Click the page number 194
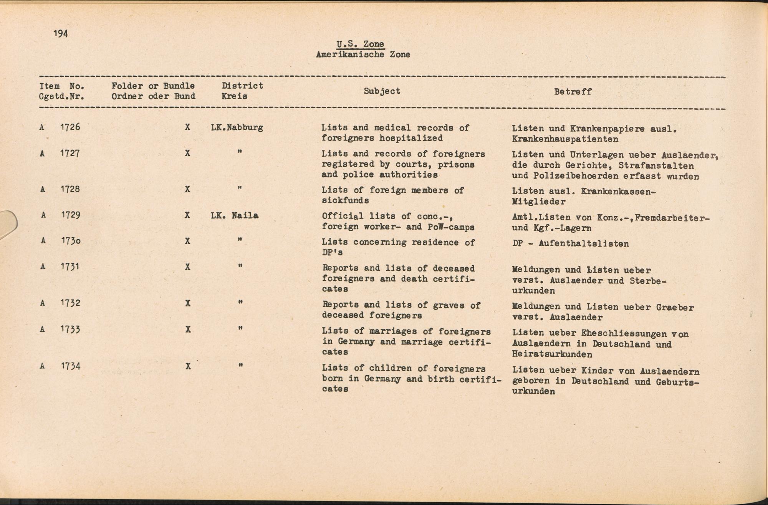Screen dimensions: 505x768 pos(61,34)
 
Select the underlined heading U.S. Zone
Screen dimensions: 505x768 pos(360,44)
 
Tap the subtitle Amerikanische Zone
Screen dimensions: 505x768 pos(363,55)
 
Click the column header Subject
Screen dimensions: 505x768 pos(382,91)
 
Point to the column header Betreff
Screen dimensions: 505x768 pos(573,92)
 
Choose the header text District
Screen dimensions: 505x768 pos(242,86)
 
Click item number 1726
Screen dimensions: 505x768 pos(70,127)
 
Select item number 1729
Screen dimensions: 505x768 pos(70,215)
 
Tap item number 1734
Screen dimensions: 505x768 pos(70,366)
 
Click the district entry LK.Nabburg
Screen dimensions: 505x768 pos(237,127)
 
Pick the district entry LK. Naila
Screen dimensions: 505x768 pos(235,215)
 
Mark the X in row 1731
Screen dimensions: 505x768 pos(187,267)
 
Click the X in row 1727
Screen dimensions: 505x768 pos(187,153)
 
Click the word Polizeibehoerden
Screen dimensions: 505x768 pos(576,176)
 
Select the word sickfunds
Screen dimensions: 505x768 pos(345,200)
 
